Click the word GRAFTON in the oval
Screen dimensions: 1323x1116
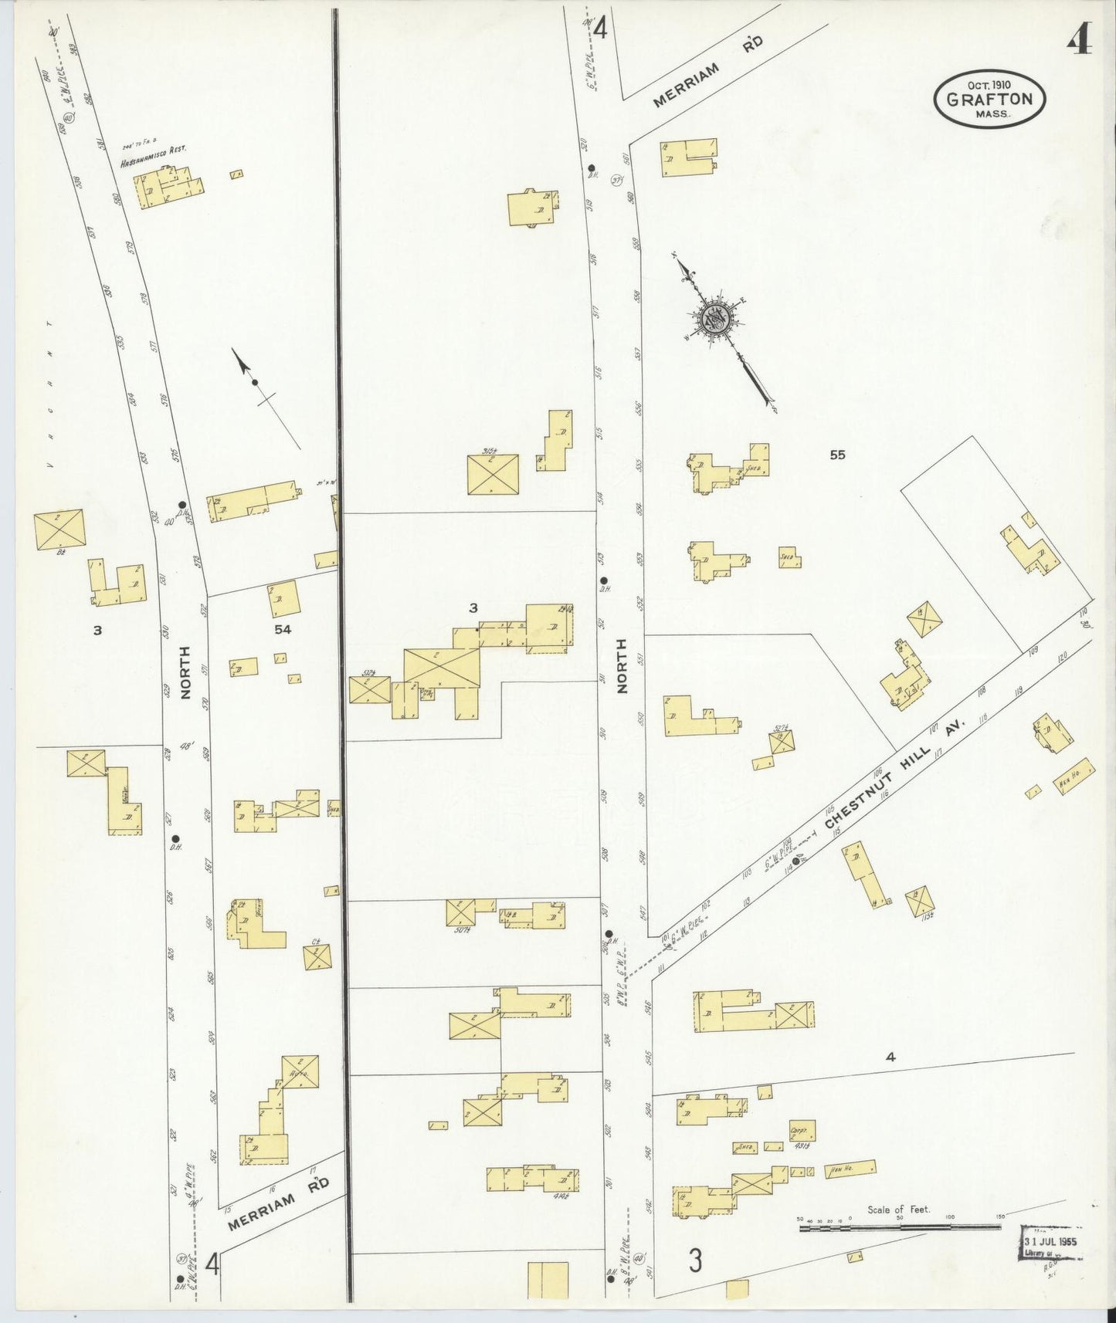pyautogui.click(x=989, y=98)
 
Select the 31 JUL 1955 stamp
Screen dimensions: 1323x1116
pyautogui.click(x=1050, y=1241)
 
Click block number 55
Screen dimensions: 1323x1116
pyautogui.click(x=837, y=455)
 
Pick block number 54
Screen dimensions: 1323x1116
pyautogui.click(x=283, y=630)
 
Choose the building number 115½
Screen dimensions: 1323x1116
pyautogui.click(x=919, y=916)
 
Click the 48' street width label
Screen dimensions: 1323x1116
pyautogui.click(x=185, y=746)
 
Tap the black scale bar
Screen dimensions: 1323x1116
pyautogui.click(x=900, y=1226)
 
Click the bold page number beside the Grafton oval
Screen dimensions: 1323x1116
pyautogui.click(x=1079, y=45)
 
